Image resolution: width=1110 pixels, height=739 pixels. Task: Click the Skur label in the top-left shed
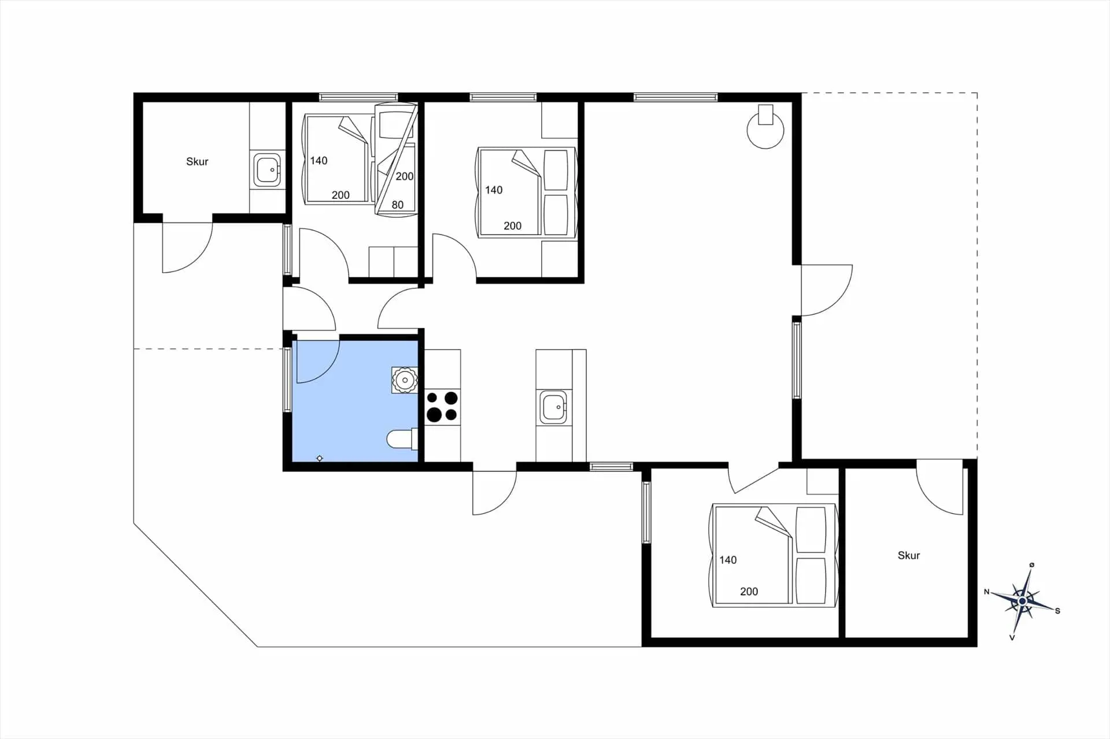point(197,162)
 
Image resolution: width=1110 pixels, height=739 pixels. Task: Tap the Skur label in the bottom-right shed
point(908,555)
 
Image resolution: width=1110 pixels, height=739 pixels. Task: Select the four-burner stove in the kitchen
point(442,406)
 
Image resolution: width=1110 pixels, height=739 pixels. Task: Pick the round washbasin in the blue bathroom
point(405,380)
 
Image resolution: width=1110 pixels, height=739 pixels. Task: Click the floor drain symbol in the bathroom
point(320,458)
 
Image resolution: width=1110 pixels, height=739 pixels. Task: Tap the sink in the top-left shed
point(267,170)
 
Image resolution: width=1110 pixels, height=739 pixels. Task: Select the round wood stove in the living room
point(765,128)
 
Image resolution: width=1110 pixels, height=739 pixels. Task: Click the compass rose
point(1022,601)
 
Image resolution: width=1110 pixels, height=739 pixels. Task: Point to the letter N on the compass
point(987,592)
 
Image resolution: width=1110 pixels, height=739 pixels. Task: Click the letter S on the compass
point(1057,611)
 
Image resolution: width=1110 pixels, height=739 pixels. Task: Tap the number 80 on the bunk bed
point(397,205)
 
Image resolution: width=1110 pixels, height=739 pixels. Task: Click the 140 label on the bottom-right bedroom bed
point(728,559)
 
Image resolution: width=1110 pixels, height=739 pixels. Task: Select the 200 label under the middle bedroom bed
point(512,226)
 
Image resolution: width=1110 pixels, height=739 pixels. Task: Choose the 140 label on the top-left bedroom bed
point(319,161)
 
